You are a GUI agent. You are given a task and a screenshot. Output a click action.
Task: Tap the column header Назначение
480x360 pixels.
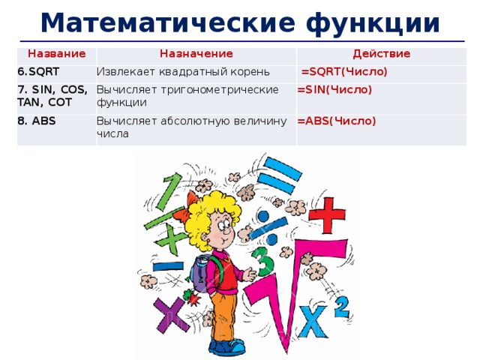coord(196,54)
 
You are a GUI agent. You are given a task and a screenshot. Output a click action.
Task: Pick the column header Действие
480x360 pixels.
coord(381,54)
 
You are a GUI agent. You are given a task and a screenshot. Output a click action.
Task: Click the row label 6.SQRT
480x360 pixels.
coord(39,70)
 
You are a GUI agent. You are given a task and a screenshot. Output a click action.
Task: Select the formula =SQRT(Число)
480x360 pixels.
coord(344,73)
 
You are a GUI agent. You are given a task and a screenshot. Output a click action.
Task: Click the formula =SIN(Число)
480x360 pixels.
coord(334,89)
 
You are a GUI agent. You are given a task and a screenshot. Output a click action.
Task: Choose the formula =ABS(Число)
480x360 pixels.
coord(337,120)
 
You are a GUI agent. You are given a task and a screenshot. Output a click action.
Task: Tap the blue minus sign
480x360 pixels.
coord(168,265)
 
